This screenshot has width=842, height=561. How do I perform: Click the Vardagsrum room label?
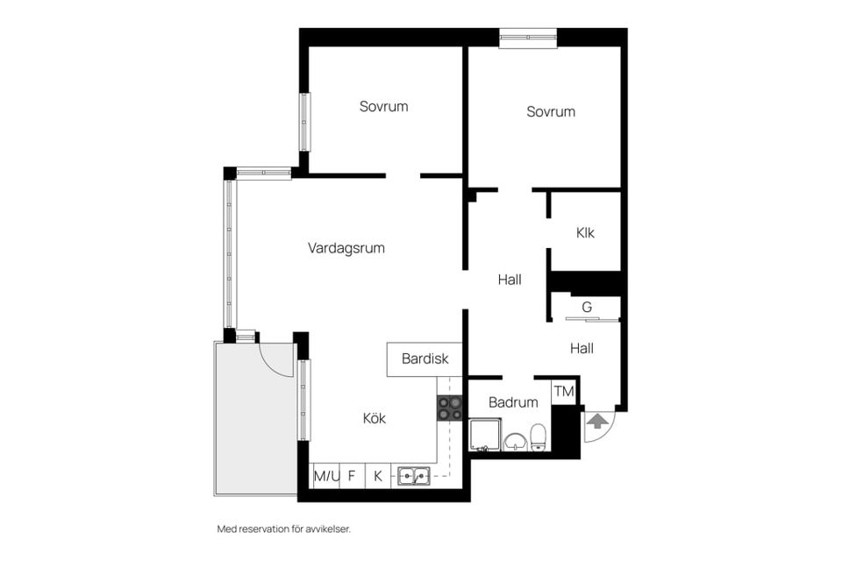(346, 248)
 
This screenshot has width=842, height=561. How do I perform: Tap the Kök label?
(374, 418)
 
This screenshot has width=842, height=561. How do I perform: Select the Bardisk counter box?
(425, 359)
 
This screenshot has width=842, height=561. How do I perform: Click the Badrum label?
(512, 402)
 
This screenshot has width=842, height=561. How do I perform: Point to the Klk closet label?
(585, 232)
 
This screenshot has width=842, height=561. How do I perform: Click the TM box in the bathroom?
(563, 392)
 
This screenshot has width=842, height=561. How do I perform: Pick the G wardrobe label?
(587, 307)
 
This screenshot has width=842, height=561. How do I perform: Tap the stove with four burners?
(450, 408)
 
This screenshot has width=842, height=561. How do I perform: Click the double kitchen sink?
(412, 476)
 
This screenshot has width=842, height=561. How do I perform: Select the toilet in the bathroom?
(539, 437)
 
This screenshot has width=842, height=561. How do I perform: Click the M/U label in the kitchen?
(325, 476)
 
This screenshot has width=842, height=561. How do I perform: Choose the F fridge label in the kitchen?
(352, 476)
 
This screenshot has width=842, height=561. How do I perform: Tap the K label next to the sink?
(378, 476)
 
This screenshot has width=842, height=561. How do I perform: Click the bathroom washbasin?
(514, 440)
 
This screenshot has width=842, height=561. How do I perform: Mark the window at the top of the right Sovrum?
(527, 37)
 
